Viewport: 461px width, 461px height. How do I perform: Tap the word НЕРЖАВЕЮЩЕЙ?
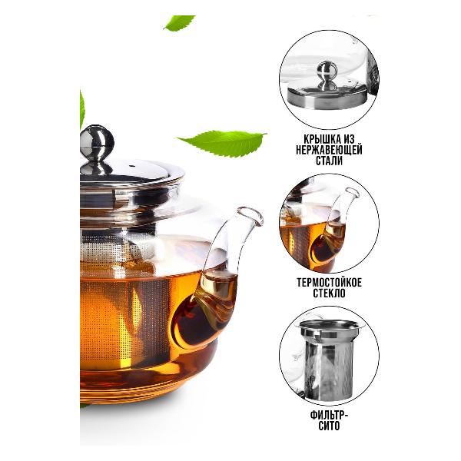pyautogui.click(x=329, y=150)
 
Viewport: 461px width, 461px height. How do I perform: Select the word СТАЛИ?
pyautogui.click(x=330, y=161)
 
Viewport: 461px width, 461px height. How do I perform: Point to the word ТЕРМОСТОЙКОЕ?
pyautogui.click(x=329, y=283)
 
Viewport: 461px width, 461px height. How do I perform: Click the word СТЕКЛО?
pyautogui.click(x=329, y=294)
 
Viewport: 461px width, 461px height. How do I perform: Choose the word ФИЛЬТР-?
pyautogui.click(x=329, y=416)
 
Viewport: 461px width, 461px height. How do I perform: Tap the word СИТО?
pyautogui.click(x=329, y=426)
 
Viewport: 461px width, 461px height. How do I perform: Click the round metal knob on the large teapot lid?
pyautogui.click(x=97, y=143)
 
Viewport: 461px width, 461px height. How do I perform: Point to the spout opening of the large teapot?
pyautogui.click(x=250, y=215)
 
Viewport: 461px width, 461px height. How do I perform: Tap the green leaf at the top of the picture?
pyautogui.click(x=179, y=23)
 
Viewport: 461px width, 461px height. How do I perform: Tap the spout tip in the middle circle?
pyautogui.click(x=352, y=193)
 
